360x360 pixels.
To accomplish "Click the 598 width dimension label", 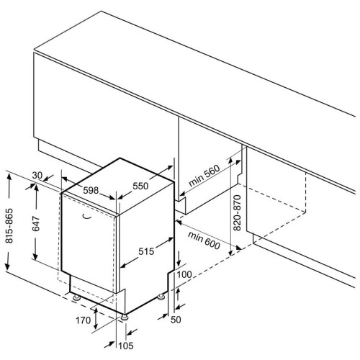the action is (x=91, y=190).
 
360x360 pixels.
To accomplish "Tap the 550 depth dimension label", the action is (x=140, y=186).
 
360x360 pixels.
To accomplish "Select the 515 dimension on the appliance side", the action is (x=146, y=251).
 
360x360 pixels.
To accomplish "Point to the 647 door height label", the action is (x=36, y=224).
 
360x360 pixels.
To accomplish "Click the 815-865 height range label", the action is (x=9, y=226).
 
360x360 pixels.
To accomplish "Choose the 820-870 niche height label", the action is (x=237, y=212).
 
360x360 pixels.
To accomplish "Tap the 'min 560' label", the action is (x=204, y=176).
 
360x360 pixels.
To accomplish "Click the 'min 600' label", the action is (x=204, y=240).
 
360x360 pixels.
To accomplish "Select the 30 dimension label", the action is (x=37, y=176).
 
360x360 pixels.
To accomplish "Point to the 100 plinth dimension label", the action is (x=184, y=274).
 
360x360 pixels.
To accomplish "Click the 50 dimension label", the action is (x=176, y=320).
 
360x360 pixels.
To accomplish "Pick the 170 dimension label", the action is (x=84, y=320).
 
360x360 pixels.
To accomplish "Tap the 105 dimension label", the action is (x=126, y=346).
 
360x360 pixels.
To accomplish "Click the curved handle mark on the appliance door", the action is (x=87, y=217).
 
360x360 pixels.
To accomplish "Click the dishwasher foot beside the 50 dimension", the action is (x=161, y=297).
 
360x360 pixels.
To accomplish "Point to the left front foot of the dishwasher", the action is (x=77, y=298).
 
